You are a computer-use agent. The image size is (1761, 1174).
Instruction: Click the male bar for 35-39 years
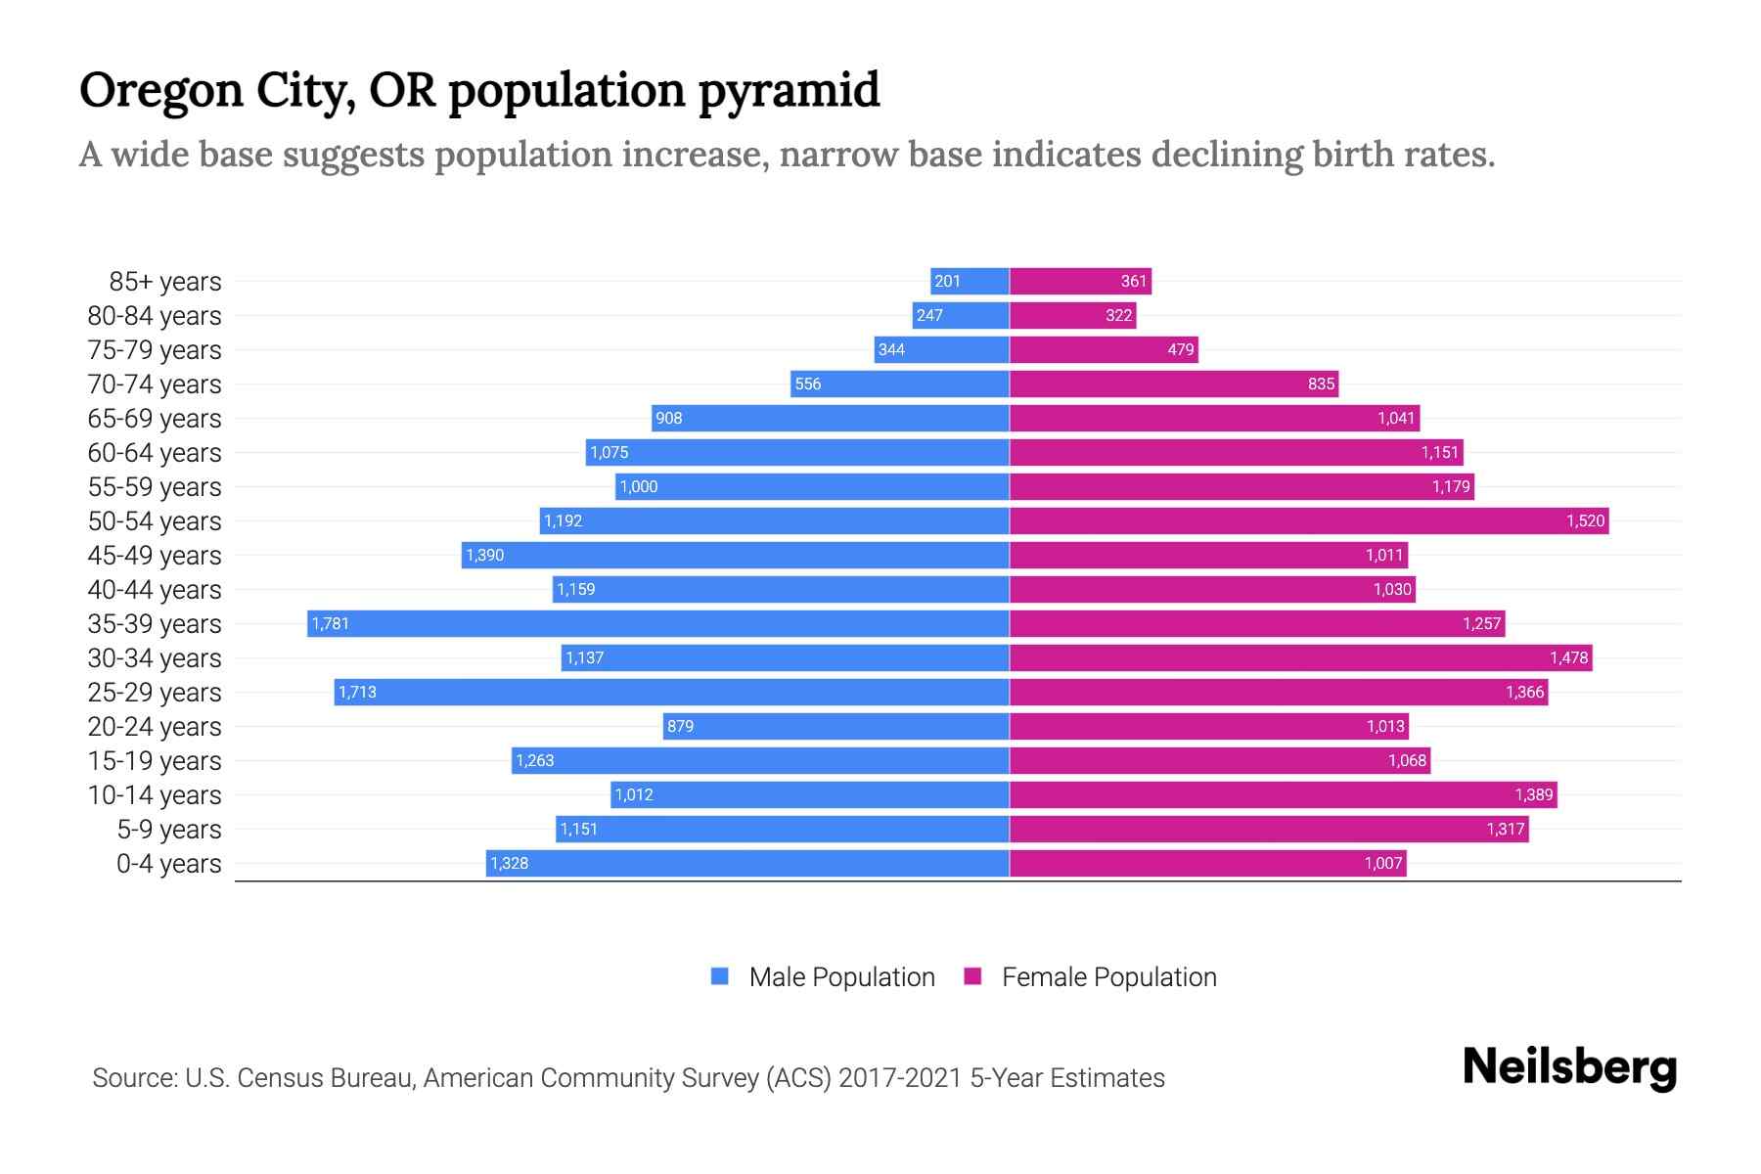pyautogui.click(x=657, y=623)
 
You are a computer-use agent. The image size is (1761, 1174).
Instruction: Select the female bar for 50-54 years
pyautogui.click(x=1309, y=520)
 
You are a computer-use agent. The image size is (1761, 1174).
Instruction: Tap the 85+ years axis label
pyautogui.click(x=165, y=282)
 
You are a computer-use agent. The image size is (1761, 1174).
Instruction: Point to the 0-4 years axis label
pyautogui.click(x=168, y=864)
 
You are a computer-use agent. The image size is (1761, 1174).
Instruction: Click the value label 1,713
pyautogui.click(x=357, y=693)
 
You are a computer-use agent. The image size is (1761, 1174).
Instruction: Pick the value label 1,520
pyautogui.click(x=1585, y=520)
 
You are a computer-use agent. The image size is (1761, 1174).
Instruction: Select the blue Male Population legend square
pyautogui.click(x=720, y=976)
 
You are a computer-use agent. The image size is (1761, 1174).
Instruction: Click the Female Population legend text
pyautogui.click(x=1108, y=977)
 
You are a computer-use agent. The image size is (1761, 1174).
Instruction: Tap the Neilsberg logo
pyautogui.click(x=1569, y=1067)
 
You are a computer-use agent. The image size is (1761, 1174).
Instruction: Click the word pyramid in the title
pyautogui.click(x=789, y=91)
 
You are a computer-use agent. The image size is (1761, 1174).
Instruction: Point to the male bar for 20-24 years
pyautogui.click(x=835, y=726)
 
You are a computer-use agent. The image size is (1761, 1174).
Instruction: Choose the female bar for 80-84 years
pyautogui.click(x=1072, y=315)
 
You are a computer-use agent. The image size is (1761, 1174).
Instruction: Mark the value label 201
pyautogui.click(x=947, y=281)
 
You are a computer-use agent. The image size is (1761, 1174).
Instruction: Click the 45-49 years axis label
pyautogui.click(x=155, y=556)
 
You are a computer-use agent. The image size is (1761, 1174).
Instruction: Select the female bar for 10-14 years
pyautogui.click(x=1283, y=794)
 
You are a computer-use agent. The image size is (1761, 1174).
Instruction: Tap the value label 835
pyautogui.click(x=1321, y=384)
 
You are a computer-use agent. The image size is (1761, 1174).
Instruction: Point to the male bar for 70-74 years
pyautogui.click(x=899, y=384)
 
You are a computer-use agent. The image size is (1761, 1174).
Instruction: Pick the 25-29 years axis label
pyautogui.click(x=155, y=693)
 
